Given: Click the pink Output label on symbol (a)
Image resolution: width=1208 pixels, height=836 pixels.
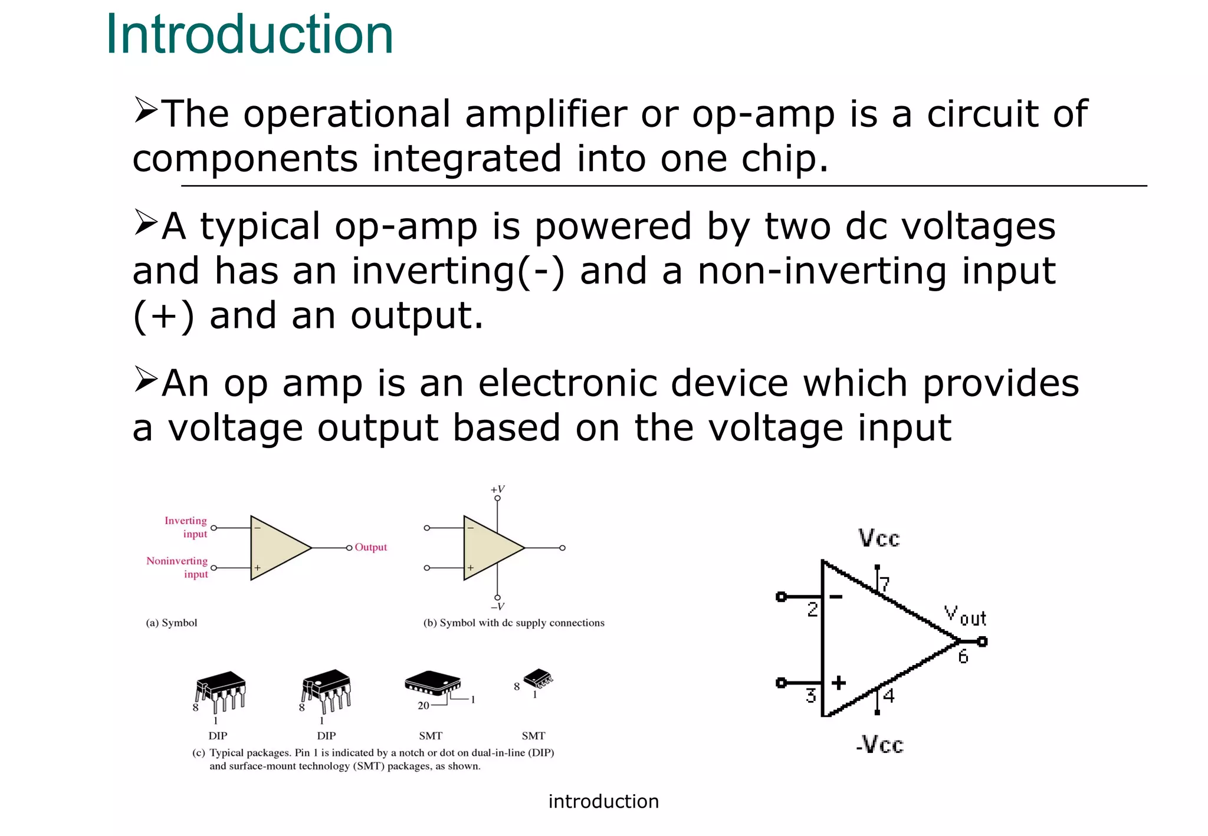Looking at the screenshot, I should click(x=370, y=547).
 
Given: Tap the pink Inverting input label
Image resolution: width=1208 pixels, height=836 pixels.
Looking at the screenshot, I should click(x=186, y=527).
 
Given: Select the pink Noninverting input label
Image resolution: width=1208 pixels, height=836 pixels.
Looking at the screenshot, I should click(x=178, y=567).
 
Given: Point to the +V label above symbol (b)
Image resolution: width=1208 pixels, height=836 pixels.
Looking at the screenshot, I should click(x=497, y=489).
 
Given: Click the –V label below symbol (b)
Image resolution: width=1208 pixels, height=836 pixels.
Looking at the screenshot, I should click(x=497, y=607).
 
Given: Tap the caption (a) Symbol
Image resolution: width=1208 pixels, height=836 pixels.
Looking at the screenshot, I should click(x=171, y=623).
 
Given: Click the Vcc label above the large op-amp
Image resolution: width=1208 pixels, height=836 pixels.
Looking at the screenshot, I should click(x=878, y=538).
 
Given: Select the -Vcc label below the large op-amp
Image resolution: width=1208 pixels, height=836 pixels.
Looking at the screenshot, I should click(x=879, y=744).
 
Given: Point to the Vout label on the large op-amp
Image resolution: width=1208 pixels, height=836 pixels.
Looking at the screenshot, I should click(x=965, y=616).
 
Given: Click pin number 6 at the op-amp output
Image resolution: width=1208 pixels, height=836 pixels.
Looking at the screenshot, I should click(x=963, y=656).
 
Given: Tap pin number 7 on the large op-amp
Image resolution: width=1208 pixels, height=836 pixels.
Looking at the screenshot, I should click(x=884, y=584).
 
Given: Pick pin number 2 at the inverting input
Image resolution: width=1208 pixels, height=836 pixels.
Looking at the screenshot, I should click(x=812, y=609).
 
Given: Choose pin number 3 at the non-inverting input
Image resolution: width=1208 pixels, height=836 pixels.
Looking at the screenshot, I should click(x=811, y=696).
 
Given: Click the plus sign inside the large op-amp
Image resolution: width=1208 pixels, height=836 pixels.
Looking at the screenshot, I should click(x=838, y=683).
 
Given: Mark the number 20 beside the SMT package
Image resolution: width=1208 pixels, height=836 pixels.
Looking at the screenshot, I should click(x=424, y=705).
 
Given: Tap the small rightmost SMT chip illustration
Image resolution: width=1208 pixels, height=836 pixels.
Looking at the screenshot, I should click(x=539, y=679).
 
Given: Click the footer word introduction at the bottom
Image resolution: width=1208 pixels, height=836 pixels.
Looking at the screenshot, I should click(x=603, y=801).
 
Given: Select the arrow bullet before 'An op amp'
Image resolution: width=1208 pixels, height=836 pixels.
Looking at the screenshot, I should click(x=145, y=379).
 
